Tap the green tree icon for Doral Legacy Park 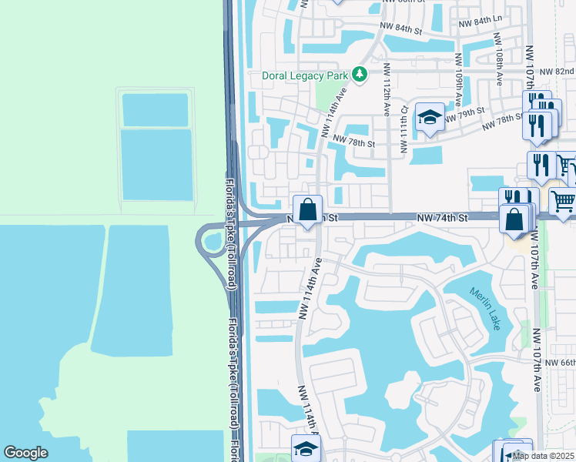pyautogui.click(x=359, y=74)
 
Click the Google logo pyautogui.click(x=25, y=453)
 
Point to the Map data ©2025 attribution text pyautogui.click(x=544, y=456)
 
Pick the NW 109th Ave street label pyautogui.click(x=460, y=74)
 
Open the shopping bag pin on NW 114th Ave pyautogui.click(x=307, y=209)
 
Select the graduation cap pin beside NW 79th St pyautogui.click(x=430, y=117)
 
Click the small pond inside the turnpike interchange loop pyautogui.click(x=211, y=243)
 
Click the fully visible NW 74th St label pyautogui.click(x=443, y=219)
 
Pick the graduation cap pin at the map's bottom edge pyautogui.click(x=306, y=449)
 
